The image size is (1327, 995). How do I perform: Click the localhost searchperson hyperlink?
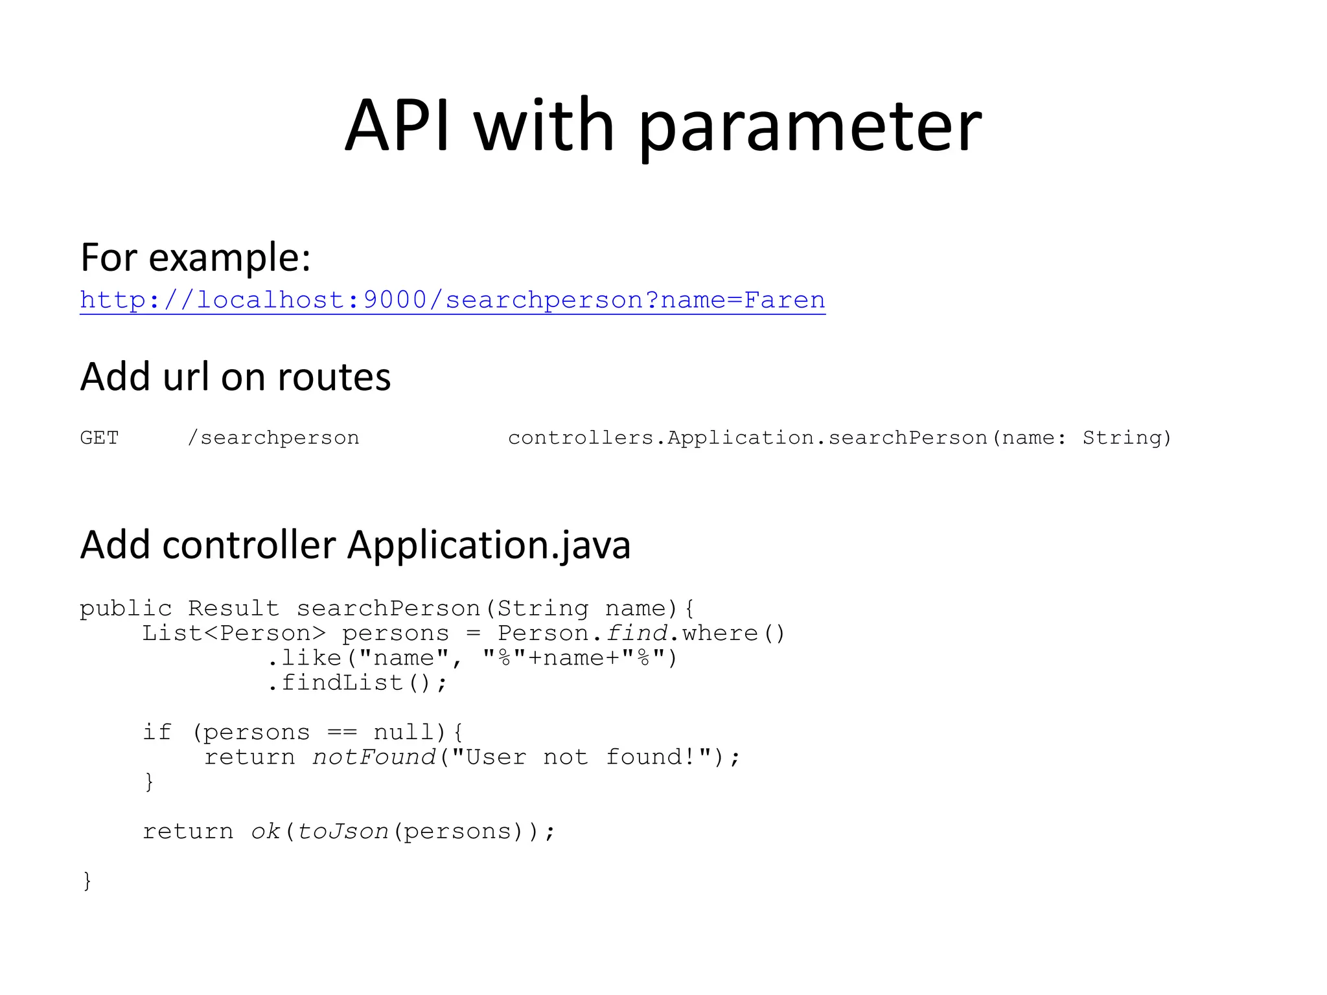click(x=452, y=300)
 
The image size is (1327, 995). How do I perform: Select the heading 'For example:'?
click(x=196, y=257)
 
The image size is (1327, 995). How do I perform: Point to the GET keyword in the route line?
click(x=99, y=438)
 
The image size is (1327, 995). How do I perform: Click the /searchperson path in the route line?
click(x=273, y=439)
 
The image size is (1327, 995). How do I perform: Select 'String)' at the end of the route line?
click(x=1127, y=439)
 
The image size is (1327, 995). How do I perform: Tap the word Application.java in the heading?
click(x=489, y=545)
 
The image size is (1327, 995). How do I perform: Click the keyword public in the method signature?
click(x=126, y=609)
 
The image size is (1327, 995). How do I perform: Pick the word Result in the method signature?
click(x=233, y=609)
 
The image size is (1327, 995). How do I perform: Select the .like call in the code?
click(x=305, y=658)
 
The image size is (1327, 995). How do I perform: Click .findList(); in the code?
click(x=357, y=683)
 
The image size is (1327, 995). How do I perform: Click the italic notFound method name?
click(x=375, y=757)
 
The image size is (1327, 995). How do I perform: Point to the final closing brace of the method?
click(x=87, y=881)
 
